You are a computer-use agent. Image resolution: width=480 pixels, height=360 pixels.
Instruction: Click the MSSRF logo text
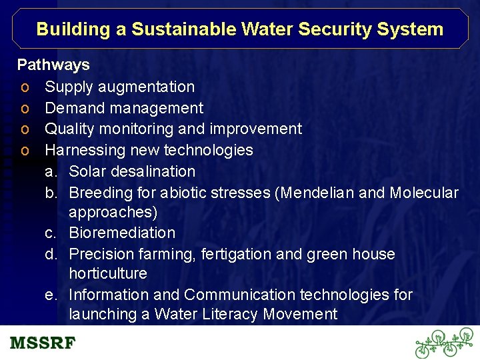(x=43, y=344)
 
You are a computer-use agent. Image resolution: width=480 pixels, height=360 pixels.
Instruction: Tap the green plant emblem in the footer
(x=444, y=343)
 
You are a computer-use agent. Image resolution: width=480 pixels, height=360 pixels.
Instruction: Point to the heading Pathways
(x=53, y=65)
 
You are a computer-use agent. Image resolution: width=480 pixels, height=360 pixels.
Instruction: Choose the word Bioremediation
(x=122, y=233)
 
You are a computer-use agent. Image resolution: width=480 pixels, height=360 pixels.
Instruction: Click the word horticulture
(x=107, y=273)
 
